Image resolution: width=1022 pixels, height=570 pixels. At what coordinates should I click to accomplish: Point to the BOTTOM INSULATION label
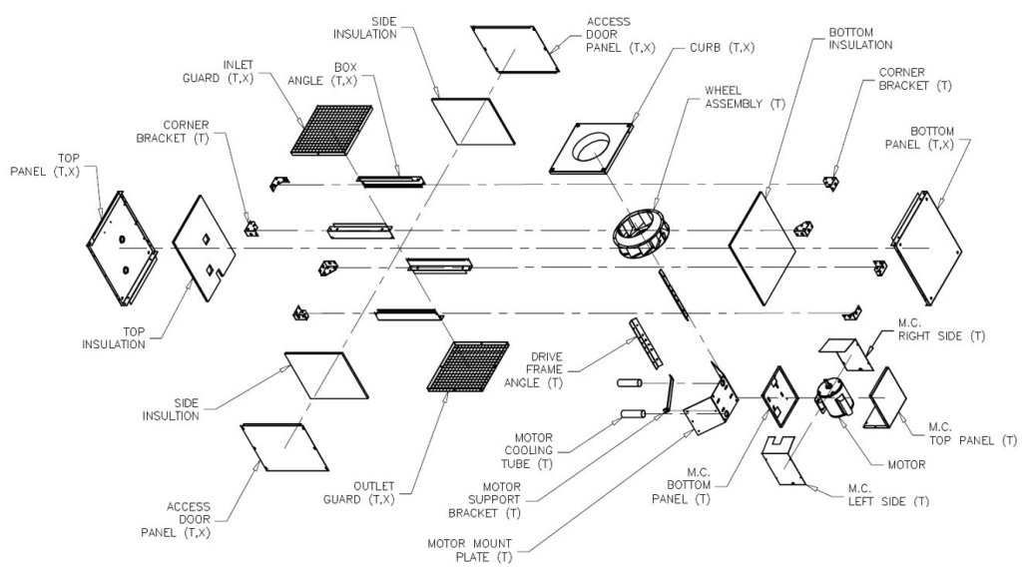coord(859,38)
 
